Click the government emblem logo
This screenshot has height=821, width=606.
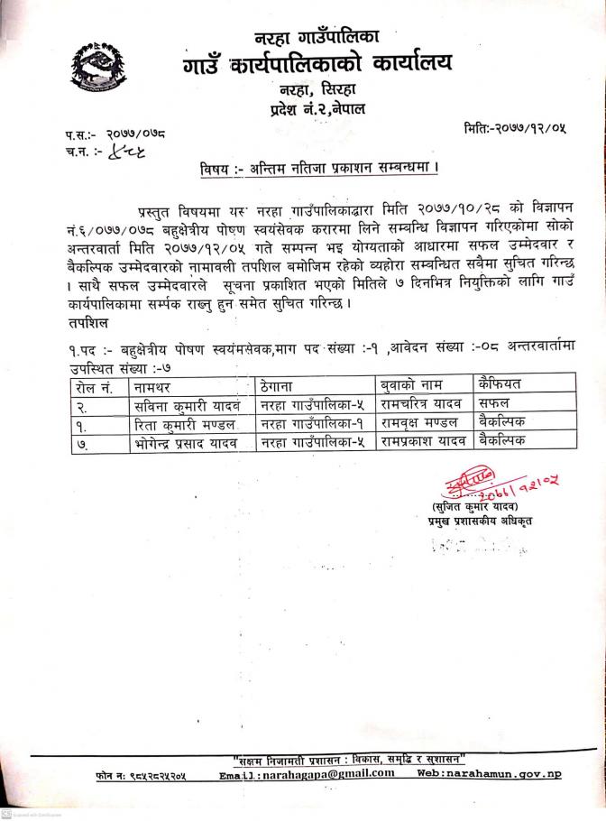pyautogui.click(x=96, y=68)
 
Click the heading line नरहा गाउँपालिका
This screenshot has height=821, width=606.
pyautogui.click(x=317, y=38)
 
